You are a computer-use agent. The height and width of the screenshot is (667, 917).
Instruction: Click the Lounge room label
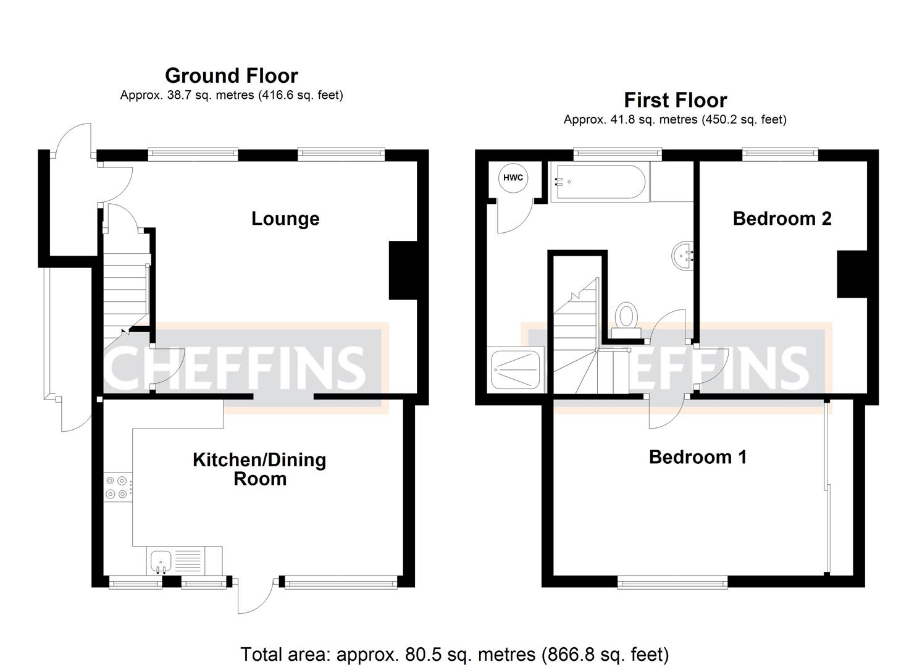point(285,219)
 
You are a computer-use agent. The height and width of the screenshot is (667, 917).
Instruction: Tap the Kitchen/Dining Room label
point(259,469)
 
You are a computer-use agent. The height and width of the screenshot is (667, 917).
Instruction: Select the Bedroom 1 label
point(698,457)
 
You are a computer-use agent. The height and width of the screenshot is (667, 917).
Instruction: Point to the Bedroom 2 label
point(782,219)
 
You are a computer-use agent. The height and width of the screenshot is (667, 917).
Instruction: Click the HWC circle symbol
point(513,178)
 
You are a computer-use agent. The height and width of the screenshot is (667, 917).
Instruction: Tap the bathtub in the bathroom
point(598,182)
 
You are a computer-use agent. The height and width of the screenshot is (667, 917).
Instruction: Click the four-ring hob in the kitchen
point(117,486)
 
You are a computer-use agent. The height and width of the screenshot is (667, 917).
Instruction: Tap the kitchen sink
point(160,561)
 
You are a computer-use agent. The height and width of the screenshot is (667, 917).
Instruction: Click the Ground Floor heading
point(232,75)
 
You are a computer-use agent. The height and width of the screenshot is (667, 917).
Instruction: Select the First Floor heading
point(675,100)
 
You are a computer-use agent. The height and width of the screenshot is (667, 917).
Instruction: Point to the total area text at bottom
point(454,654)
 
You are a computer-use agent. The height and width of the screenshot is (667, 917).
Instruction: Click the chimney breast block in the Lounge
point(403,271)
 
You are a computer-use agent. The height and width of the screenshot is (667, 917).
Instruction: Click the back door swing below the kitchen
point(254,597)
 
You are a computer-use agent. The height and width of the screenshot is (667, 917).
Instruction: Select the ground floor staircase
point(125,290)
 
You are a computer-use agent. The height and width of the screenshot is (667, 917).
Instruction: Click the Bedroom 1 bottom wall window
point(672,581)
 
